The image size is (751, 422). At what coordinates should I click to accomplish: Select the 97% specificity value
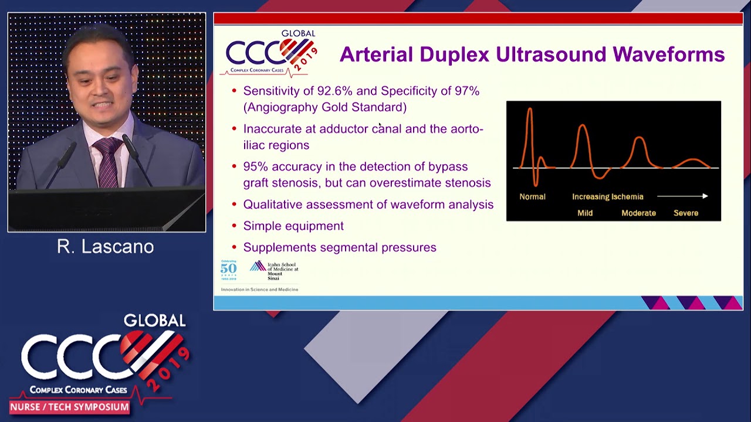tap(467, 91)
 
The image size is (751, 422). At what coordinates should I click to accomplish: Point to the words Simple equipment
tap(293, 226)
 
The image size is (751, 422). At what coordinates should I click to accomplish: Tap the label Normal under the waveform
tap(532, 197)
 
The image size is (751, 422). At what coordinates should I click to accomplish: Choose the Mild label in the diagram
tap(585, 213)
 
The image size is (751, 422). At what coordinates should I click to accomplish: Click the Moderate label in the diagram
tap(638, 213)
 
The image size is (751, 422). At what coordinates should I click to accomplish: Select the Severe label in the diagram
tap(686, 213)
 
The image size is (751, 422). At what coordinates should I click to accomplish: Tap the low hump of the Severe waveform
tap(693, 161)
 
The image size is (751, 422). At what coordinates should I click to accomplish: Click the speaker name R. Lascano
tap(106, 247)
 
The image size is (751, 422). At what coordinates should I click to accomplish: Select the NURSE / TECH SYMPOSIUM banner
tap(69, 407)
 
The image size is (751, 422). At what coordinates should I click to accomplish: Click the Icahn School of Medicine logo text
tap(282, 270)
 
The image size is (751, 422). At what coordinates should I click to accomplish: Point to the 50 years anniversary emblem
tap(228, 270)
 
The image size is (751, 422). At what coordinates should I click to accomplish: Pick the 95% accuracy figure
tap(256, 166)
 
